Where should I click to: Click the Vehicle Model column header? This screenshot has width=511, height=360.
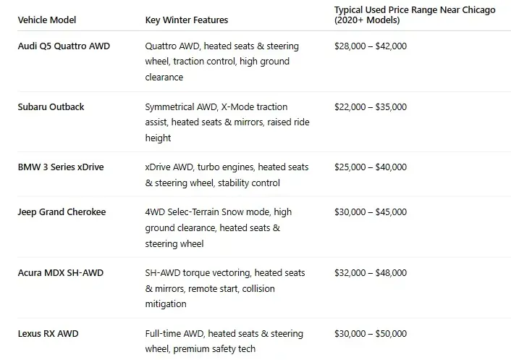pyautogui.click(x=46, y=20)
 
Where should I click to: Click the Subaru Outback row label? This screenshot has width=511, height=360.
pyautogui.click(x=51, y=106)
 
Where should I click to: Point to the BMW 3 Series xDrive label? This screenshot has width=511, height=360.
pyautogui.click(x=60, y=167)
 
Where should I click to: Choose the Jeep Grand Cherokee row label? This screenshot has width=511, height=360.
pyautogui.click(x=62, y=212)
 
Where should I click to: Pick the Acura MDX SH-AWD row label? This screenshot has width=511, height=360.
pyautogui.click(x=61, y=273)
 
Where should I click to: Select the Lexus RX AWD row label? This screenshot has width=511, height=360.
pyautogui.click(x=48, y=334)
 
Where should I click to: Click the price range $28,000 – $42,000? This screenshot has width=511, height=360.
pyautogui.click(x=370, y=46)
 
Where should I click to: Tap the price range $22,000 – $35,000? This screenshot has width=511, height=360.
pyautogui.click(x=370, y=106)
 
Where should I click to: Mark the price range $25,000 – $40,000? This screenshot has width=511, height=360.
pyautogui.click(x=370, y=167)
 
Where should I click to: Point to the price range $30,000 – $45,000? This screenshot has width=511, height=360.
pyautogui.click(x=370, y=212)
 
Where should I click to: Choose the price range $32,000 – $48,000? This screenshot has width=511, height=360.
pyautogui.click(x=370, y=273)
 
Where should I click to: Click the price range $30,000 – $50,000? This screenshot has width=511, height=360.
pyautogui.click(x=370, y=334)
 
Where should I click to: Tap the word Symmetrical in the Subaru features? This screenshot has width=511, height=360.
pyautogui.click(x=170, y=106)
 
